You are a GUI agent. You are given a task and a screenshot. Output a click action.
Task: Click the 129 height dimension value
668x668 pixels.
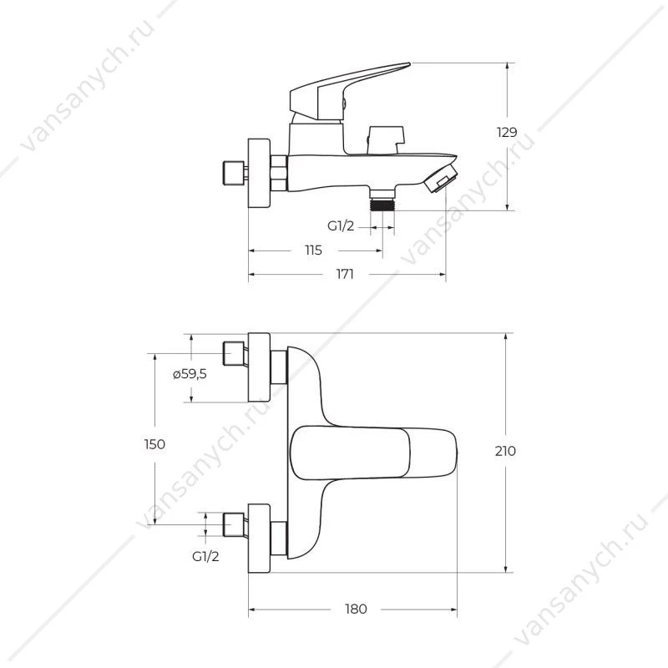click(x=507, y=133)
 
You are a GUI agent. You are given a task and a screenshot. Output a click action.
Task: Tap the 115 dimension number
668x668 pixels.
click(x=313, y=250)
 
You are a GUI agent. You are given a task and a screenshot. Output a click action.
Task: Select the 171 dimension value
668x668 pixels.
click(x=345, y=274)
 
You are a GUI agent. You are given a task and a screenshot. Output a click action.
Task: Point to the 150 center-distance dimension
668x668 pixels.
click(x=154, y=444)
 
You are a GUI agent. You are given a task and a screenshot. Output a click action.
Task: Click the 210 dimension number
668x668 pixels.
click(x=505, y=451)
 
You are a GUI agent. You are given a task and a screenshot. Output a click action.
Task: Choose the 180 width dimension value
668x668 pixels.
click(x=356, y=610)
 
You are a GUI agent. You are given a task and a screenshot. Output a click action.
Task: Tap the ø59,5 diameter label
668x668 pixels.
click(x=190, y=374)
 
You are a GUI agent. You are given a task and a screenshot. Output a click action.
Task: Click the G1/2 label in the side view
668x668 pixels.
click(x=341, y=225)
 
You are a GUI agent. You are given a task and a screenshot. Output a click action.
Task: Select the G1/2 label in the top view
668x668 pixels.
click(x=205, y=556)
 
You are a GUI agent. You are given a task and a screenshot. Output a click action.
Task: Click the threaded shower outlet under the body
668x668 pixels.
click(x=382, y=200)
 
